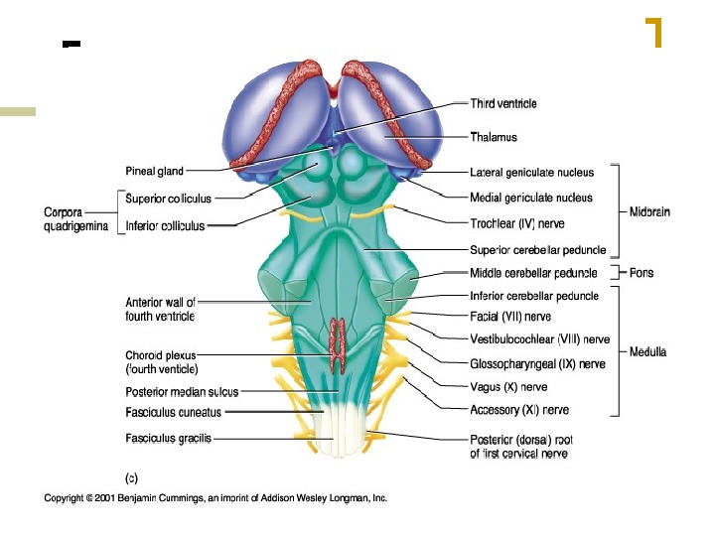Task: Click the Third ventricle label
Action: point(502,103)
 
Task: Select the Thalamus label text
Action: point(493,137)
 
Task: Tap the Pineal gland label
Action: point(154,171)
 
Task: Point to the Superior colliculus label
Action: point(165,198)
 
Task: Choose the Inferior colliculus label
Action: point(165,225)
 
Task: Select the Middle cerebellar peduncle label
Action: point(533,273)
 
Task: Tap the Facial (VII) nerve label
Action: point(509,318)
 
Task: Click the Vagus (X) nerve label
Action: point(507,387)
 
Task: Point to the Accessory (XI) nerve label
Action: point(518,410)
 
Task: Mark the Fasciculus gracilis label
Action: point(168,438)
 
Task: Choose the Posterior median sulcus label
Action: point(182,392)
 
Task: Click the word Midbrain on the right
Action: point(654,211)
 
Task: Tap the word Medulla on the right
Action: point(647,351)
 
